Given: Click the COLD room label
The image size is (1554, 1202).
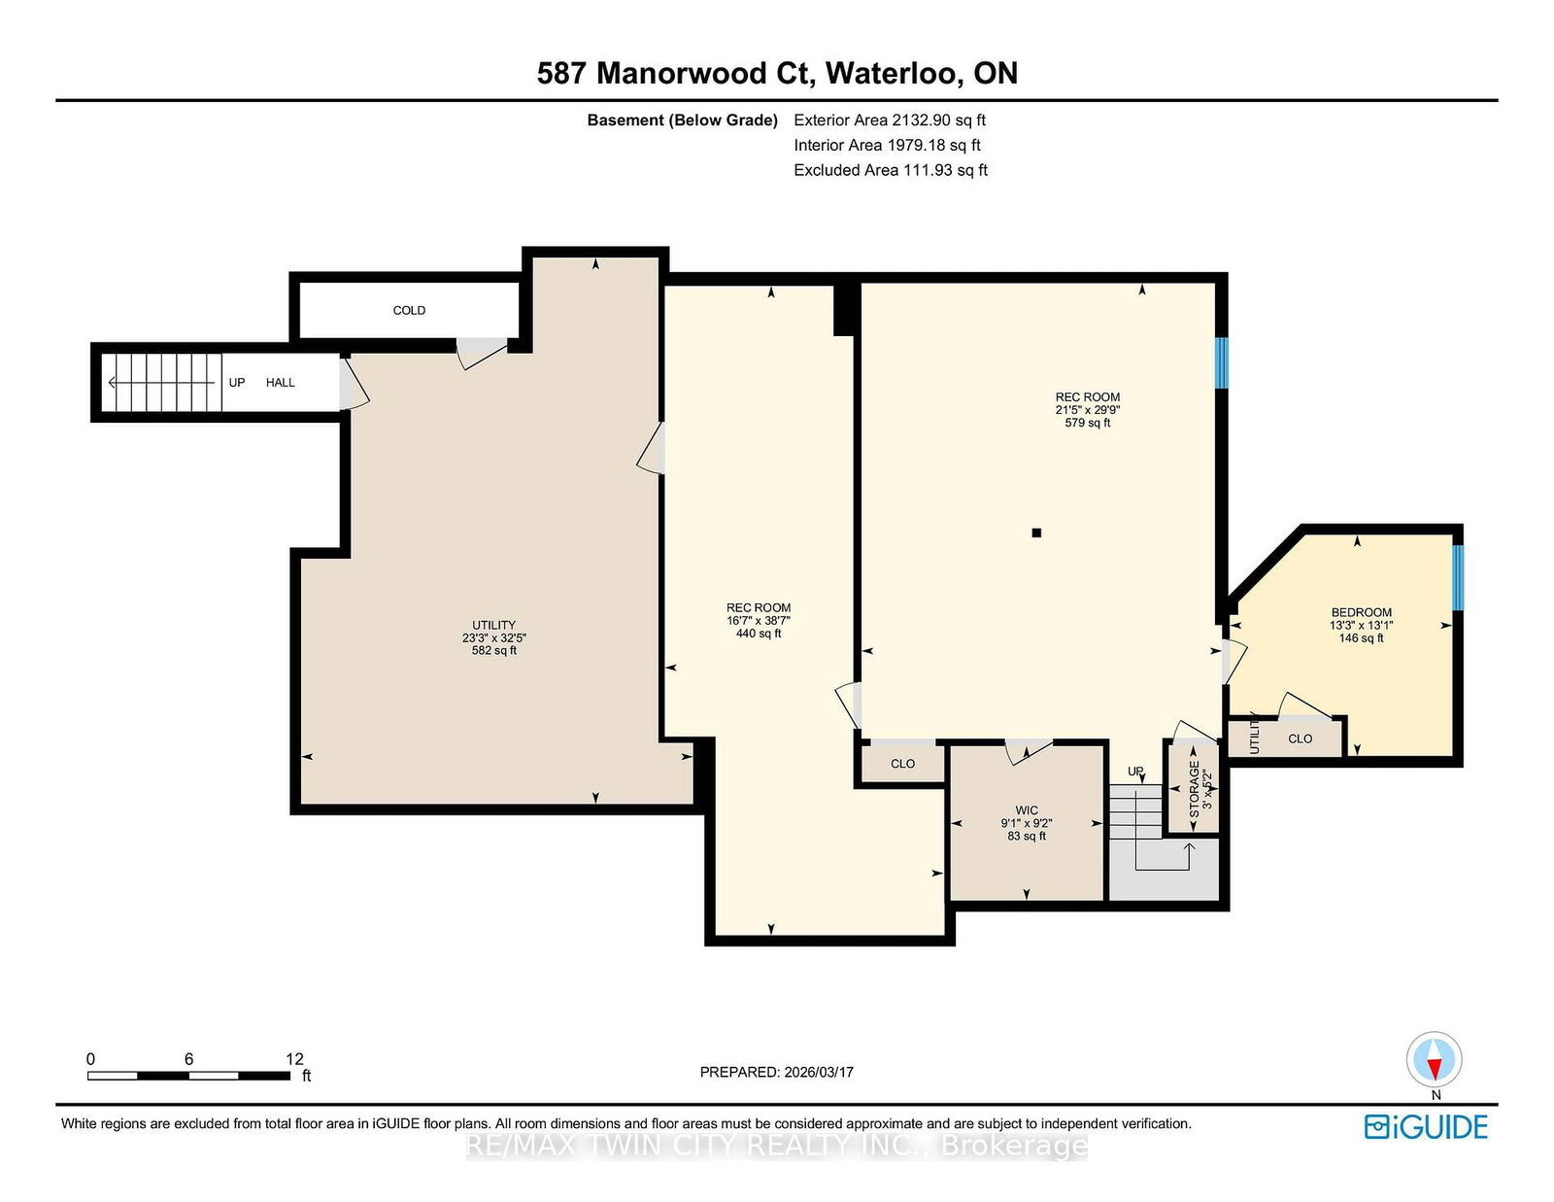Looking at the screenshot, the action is click(409, 310).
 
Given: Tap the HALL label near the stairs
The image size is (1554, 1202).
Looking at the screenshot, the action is click(281, 382).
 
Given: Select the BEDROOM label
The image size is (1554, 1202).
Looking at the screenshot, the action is click(1361, 612).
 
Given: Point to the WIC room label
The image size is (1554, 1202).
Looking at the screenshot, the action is click(1027, 810).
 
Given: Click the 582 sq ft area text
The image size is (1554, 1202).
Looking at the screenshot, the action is click(493, 650).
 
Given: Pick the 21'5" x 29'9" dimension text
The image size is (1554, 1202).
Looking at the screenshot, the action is click(1087, 410).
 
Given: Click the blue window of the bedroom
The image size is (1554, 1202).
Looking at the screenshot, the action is click(1458, 577).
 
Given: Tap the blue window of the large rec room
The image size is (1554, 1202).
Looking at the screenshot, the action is click(1222, 362).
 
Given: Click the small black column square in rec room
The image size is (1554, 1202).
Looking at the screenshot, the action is click(1036, 532).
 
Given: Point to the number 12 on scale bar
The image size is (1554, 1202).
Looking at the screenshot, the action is click(294, 1059).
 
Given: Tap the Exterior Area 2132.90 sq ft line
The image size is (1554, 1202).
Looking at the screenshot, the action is click(890, 120).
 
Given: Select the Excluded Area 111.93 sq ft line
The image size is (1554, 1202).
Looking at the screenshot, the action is click(891, 170).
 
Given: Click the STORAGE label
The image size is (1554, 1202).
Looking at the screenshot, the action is click(1194, 788).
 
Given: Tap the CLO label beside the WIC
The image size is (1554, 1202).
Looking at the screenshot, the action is click(902, 764).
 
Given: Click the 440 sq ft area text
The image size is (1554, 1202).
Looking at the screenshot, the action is click(758, 634).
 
